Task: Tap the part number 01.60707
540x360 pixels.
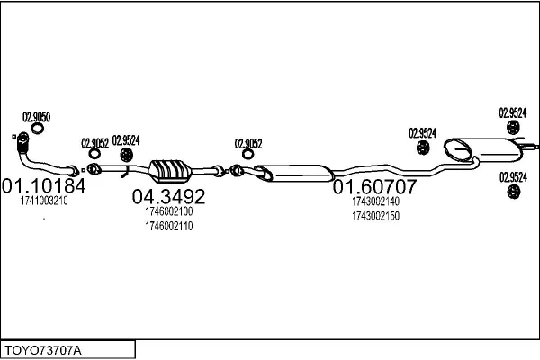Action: [375, 188]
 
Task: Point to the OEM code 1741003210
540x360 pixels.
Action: [43, 202]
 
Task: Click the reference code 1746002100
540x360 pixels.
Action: [169, 212]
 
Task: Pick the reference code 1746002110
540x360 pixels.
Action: [169, 225]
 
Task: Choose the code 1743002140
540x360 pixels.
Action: [375, 203]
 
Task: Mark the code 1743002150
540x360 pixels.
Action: [375, 216]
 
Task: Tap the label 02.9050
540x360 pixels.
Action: [36, 116]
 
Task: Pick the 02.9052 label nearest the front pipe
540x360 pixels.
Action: [94, 142]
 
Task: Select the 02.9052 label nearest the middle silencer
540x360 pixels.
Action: [248, 142]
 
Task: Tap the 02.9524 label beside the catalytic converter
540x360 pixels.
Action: [125, 139]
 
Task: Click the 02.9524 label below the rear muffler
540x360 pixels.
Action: [513, 177]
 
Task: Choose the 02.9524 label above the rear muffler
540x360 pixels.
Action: [513, 113]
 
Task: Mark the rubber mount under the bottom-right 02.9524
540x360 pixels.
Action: [514, 193]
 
